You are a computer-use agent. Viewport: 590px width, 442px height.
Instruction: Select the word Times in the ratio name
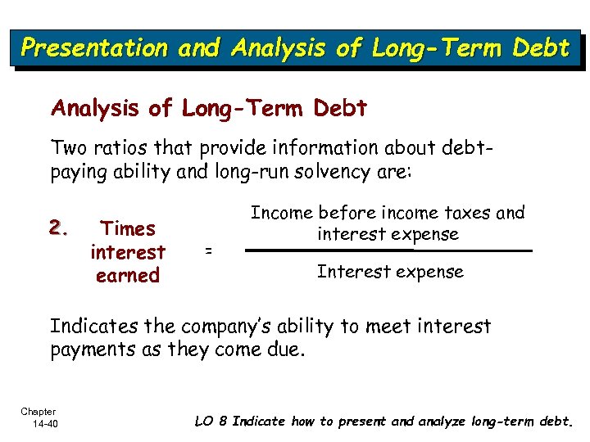coord(127,229)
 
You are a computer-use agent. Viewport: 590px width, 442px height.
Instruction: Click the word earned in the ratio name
coord(127,276)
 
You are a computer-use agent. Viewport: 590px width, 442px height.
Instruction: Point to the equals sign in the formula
coord(208,252)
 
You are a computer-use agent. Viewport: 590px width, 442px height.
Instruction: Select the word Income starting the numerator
coord(281,213)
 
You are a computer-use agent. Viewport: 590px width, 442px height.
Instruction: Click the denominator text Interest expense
coord(390,272)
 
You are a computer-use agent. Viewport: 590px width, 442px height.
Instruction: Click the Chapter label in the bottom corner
coord(39,412)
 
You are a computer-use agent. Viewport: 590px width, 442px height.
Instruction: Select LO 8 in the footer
coord(211,422)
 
